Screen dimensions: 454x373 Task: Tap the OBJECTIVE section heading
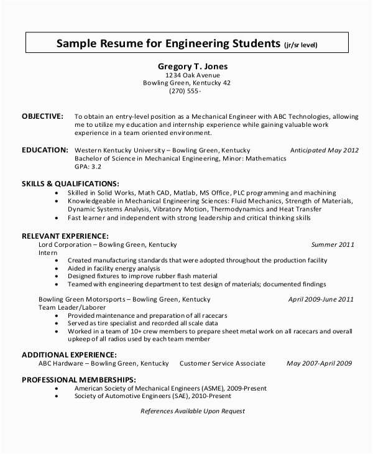[x=42, y=116]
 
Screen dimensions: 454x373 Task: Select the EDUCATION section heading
[x=45, y=150]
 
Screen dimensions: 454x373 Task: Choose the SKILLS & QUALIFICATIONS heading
[x=70, y=183]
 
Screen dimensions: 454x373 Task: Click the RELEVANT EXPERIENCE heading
[x=65, y=236]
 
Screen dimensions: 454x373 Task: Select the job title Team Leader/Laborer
[x=71, y=307]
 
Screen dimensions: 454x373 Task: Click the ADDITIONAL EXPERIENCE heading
[x=68, y=354]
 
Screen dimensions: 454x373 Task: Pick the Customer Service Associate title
[x=222, y=363]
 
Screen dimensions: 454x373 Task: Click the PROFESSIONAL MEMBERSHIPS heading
[x=78, y=379]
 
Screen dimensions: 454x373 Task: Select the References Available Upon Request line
[x=193, y=411]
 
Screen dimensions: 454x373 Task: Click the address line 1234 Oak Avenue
[x=186, y=75]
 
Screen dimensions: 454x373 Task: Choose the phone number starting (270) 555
[x=185, y=91]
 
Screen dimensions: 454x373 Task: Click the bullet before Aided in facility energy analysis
[x=57, y=268]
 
